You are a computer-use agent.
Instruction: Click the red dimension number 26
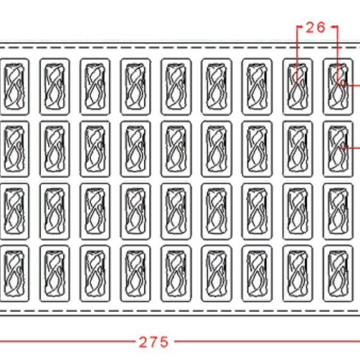[316, 28]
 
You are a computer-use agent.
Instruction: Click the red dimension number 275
[153, 342]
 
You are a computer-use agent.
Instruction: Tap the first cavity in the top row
[15, 87]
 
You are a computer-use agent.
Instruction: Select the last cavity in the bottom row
[338, 273]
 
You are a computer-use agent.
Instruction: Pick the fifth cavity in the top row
[176, 87]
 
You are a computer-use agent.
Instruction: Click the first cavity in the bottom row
[15, 273]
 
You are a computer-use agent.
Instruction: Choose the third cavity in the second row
[95, 149]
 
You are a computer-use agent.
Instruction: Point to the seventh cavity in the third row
[257, 211]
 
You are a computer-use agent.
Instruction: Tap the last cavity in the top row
[338, 87]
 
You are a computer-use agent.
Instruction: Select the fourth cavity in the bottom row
[135, 273]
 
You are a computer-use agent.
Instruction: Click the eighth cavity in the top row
[297, 87]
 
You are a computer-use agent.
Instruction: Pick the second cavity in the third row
[55, 211]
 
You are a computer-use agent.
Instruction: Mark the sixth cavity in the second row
[217, 149]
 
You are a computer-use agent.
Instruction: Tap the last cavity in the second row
[338, 149]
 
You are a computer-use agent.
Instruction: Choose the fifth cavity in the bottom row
[176, 273]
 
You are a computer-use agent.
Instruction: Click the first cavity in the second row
[15, 149]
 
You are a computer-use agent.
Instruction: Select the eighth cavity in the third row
[297, 211]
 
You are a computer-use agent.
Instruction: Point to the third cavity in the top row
[95, 87]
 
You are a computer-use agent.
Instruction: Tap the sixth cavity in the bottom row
[217, 273]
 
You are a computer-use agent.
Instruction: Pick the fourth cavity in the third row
[135, 211]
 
